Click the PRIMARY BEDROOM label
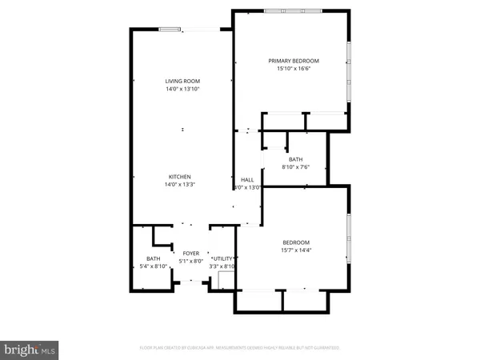point(294,61)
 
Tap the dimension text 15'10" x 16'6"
point(294,70)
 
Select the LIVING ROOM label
point(182,82)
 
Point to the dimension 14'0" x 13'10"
point(182,90)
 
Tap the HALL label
point(247,179)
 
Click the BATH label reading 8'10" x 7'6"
point(296,160)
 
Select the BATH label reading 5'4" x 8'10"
point(153,258)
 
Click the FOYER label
point(190,253)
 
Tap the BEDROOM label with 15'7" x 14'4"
point(295,242)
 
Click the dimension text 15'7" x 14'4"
point(295,251)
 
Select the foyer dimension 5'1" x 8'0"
point(190,261)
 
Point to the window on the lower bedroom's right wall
point(349,238)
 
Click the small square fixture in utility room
point(225,279)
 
